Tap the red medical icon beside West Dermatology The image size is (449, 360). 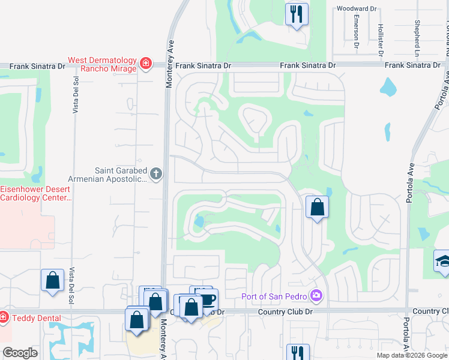(x=145, y=64)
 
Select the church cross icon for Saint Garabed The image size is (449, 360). (x=155, y=174)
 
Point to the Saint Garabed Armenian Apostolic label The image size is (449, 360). (x=121, y=174)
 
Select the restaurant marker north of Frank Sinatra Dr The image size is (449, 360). (x=296, y=14)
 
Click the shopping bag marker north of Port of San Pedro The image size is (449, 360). (x=317, y=208)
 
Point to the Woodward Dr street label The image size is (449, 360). (x=357, y=9)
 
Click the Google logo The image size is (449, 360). (x=20, y=353)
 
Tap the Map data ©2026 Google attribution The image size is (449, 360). (x=412, y=355)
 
